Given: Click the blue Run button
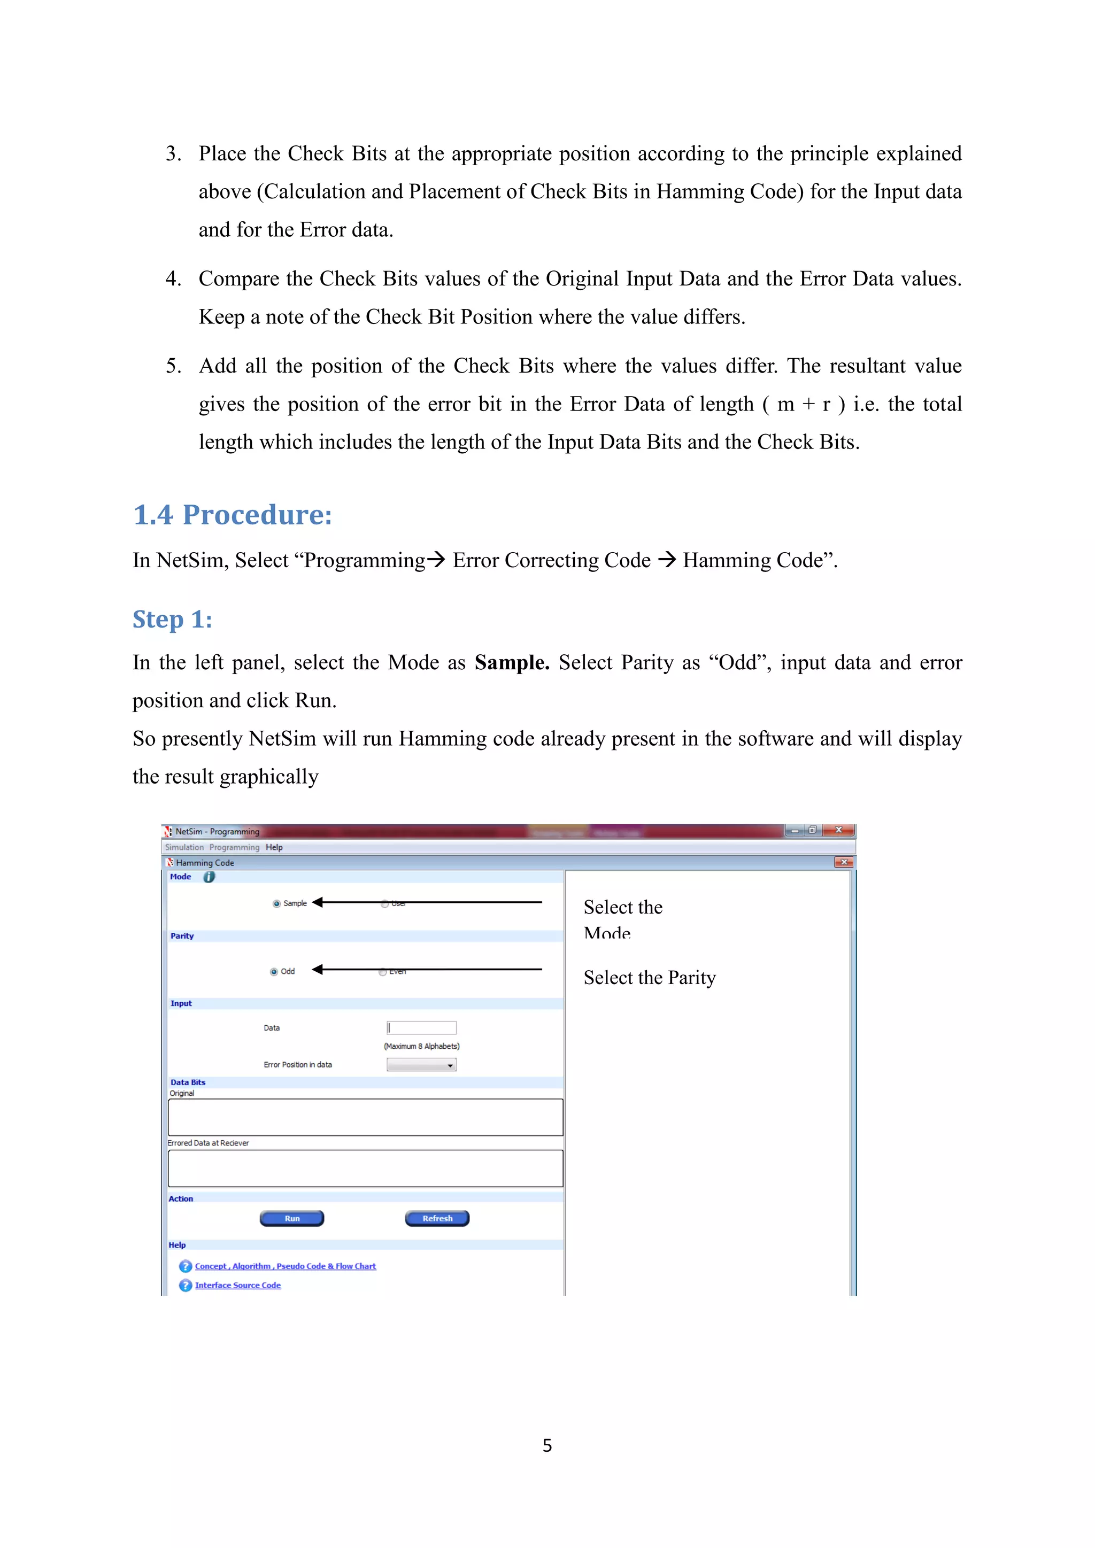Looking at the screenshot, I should (x=292, y=1218).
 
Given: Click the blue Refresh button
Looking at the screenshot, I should (x=437, y=1218).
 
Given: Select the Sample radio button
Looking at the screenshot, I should (x=276, y=903).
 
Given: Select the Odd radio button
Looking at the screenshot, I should (x=274, y=972).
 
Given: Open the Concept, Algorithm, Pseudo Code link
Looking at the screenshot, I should (x=285, y=1266).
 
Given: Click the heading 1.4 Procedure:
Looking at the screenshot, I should (x=233, y=515).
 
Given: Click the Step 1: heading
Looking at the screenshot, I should (x=172, y=619).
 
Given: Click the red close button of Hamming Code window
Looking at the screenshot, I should (x=844, y=862).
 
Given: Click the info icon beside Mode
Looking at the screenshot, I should (x=209, y=877).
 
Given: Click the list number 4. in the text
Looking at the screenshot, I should (x=173, y=278).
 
